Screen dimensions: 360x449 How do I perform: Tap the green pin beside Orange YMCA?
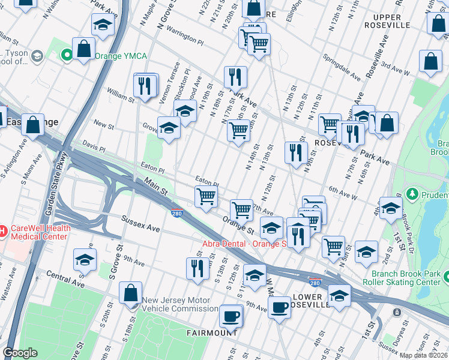click(67, 56)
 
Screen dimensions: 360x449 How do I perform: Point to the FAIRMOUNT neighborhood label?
click(212, 332)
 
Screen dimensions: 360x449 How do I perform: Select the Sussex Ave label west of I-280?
click(140, 224)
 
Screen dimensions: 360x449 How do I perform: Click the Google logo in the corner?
click(20, 353)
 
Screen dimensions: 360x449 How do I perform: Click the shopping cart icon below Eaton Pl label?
click(206, 196)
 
